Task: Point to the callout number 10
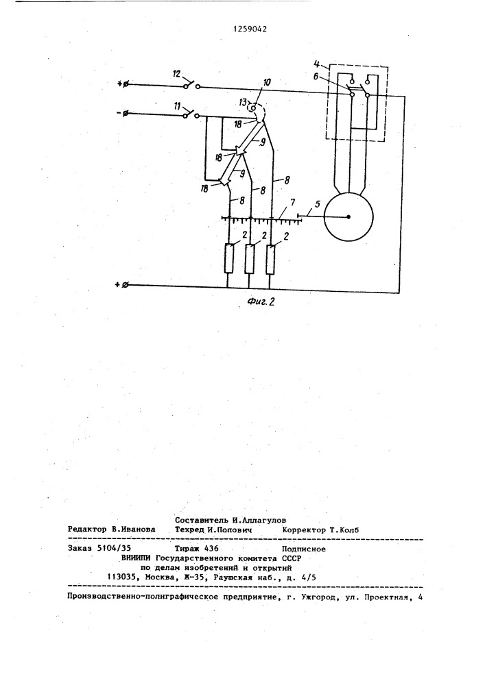(267, 82)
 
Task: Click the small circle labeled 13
(252, 107)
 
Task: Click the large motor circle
(348, 216)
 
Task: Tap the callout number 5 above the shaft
(318, 203)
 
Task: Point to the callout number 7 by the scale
(292, 202)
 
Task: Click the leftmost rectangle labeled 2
(228, 259)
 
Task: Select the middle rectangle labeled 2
(249, 259)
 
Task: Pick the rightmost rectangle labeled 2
(271, 260)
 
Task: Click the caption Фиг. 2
(260, 301)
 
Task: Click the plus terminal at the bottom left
(121, 285)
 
